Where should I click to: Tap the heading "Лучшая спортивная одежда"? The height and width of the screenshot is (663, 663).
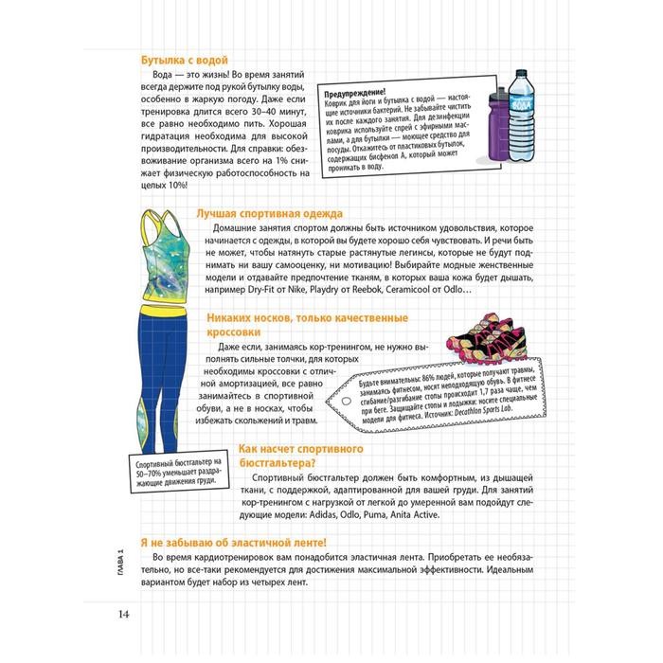click(x=268, y=214)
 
